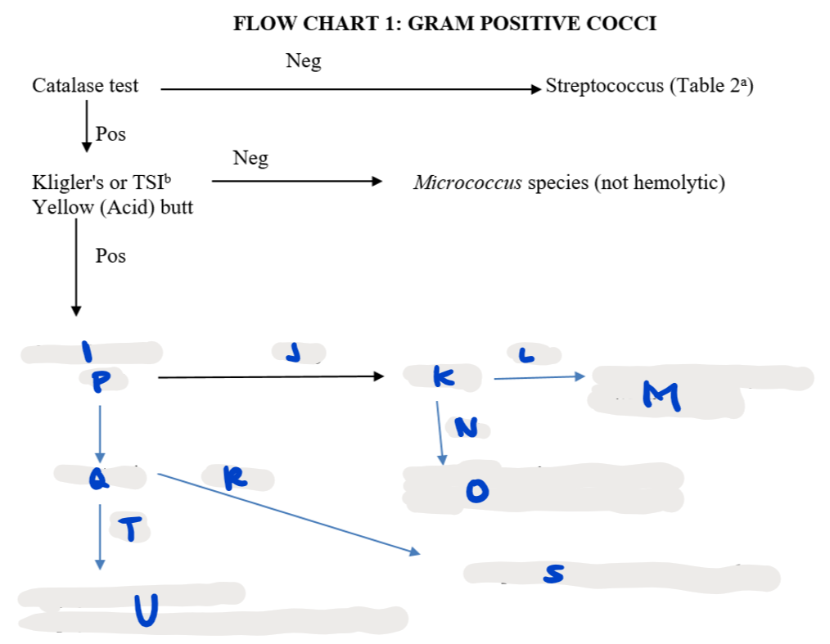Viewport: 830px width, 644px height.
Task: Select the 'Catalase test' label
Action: coord(85,85)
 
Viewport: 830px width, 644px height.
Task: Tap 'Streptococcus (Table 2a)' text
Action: coord(649,86)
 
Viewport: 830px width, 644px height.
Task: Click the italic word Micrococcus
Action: coord(467,182)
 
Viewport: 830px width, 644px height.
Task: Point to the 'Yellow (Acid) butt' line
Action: coord(113,207)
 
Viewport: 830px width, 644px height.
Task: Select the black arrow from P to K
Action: coord(270,377)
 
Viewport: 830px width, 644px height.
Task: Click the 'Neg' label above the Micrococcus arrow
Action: coord(250,158)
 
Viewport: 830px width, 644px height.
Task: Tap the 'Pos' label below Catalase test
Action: coord(111,134)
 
